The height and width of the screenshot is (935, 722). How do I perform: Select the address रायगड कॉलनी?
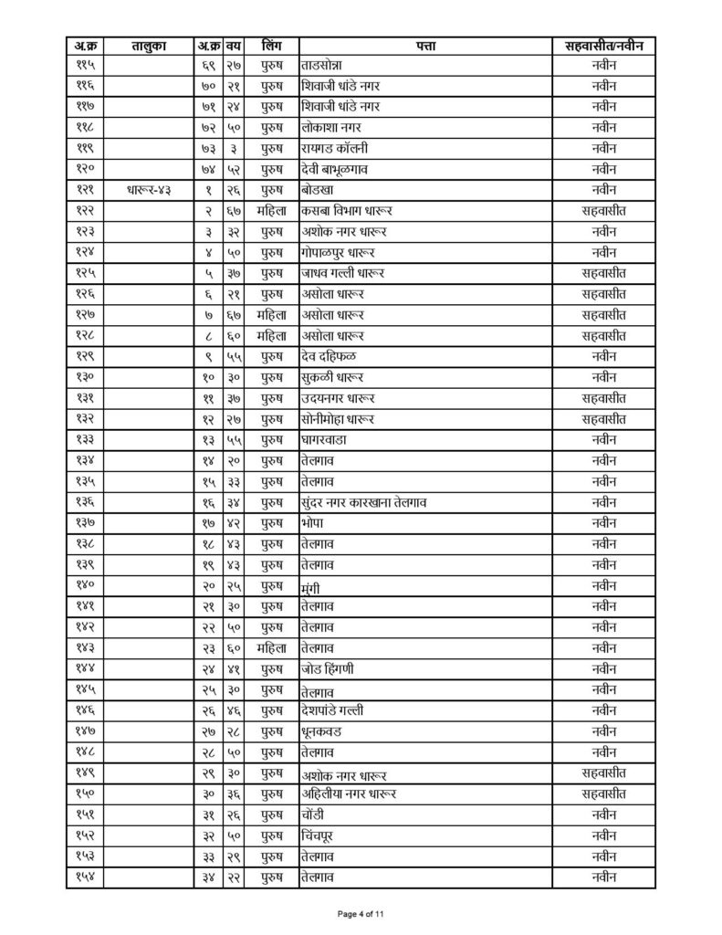tap(333, 149)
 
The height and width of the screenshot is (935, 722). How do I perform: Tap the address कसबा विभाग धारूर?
tap(343, 211)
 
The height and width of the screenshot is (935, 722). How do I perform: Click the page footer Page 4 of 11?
tap(361, 913)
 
